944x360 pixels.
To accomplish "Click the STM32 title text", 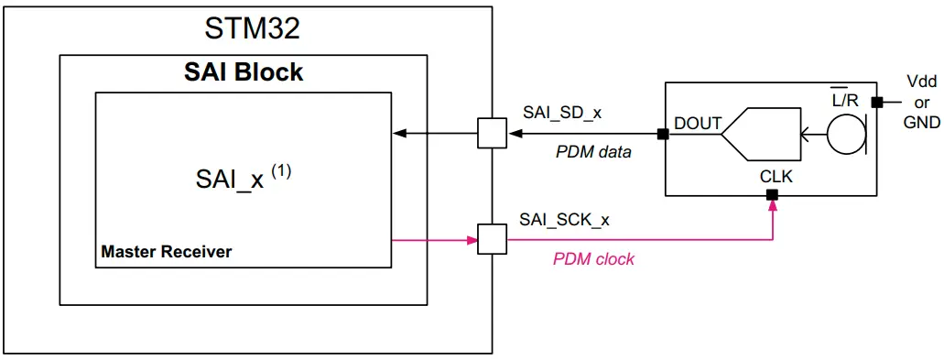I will pyautogui.click(x=251, y=28).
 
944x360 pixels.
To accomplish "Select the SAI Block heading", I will pyautogui.click(x=244, y=72).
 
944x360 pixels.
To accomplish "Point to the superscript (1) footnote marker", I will pyautogui.click(x=280, y=170).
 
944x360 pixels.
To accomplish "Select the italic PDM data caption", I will pyautogui.click(x=593, y=152).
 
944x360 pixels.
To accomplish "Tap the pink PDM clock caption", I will pyautogui.click(x=593, y=259).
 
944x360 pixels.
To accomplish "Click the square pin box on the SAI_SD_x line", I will pyautogui.click(x=492, y=134).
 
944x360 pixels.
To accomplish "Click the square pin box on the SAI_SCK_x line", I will pyautogui.click(x=492, y=241).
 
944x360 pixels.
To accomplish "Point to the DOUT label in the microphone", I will pyautogui.click(x=698, y=123).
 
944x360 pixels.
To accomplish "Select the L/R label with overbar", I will pyautogui.click(x=845, y=101).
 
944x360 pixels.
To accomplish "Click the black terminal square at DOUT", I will pyautogui.click(x=662, y=134).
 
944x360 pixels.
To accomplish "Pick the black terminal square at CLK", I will pyautogui.click(x=773, y=194).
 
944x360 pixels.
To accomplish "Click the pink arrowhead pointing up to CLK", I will pyautogui.click(x=773, y=206).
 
